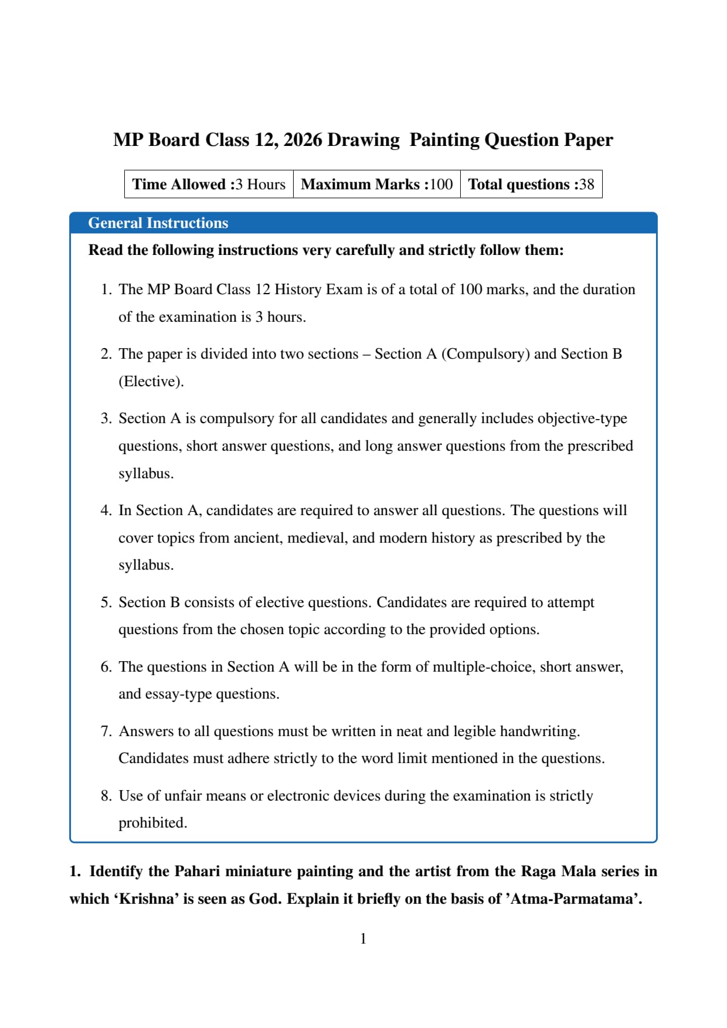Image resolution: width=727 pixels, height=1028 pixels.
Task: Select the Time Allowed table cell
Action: pos(209,185)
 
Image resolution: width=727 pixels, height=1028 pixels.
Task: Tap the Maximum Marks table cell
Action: pos(376,185)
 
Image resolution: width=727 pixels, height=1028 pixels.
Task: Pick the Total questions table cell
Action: pos(531,185)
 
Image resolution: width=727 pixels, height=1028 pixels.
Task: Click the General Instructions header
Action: pos(158,223)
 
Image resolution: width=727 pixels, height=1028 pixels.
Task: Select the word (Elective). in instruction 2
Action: pos(151,382)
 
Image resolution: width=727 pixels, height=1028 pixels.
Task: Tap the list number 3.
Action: pos(106,418)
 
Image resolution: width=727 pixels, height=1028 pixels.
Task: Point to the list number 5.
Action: pos(106,602)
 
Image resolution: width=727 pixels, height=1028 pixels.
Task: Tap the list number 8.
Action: pos(106,796)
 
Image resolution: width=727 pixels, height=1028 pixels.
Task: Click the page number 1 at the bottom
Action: pos(363,939)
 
